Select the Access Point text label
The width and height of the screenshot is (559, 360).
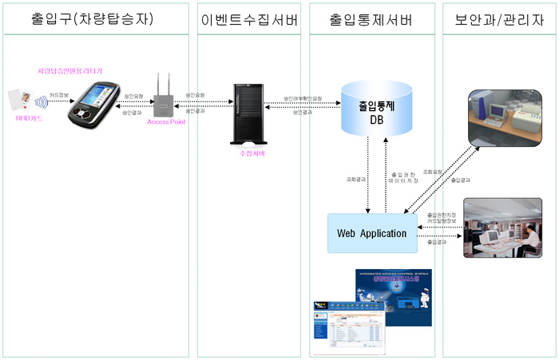(166, 123)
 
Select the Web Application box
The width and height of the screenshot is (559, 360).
(371, 233)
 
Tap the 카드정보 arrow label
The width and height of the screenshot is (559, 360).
(60, 94)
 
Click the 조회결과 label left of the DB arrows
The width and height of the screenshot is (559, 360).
(347, 180)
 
